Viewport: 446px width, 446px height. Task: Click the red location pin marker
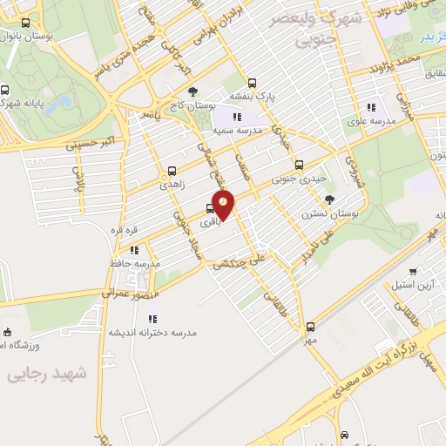pyautogui.click(x=224, y=205)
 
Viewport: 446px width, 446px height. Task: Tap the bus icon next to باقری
pyautogui.click(x=210, y=209)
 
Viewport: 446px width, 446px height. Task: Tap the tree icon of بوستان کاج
pyautogui.click(x=193, y=91)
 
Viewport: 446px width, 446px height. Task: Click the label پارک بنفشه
pyautogui.click(x=252, y=95)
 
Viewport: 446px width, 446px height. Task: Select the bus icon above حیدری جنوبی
pyautogui.click(x=299, y=165)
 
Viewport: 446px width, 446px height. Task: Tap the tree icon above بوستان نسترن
pyautogui.click(x=329, y=199)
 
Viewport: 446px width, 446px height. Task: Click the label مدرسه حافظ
pyautogui.click(x=134, y=262)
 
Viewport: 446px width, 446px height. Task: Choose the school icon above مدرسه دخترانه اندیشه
pyautogui.click(x=159, y=318)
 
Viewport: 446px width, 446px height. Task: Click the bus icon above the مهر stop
pyautogui.click(x=310, y=327)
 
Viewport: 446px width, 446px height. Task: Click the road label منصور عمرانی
pyautogui.click(x=129, y=287)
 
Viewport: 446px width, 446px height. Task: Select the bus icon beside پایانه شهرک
pyautogui.click(x=5, y=89)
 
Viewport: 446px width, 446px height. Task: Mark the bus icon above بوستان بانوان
pyautogui.click(x=25, y=24)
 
